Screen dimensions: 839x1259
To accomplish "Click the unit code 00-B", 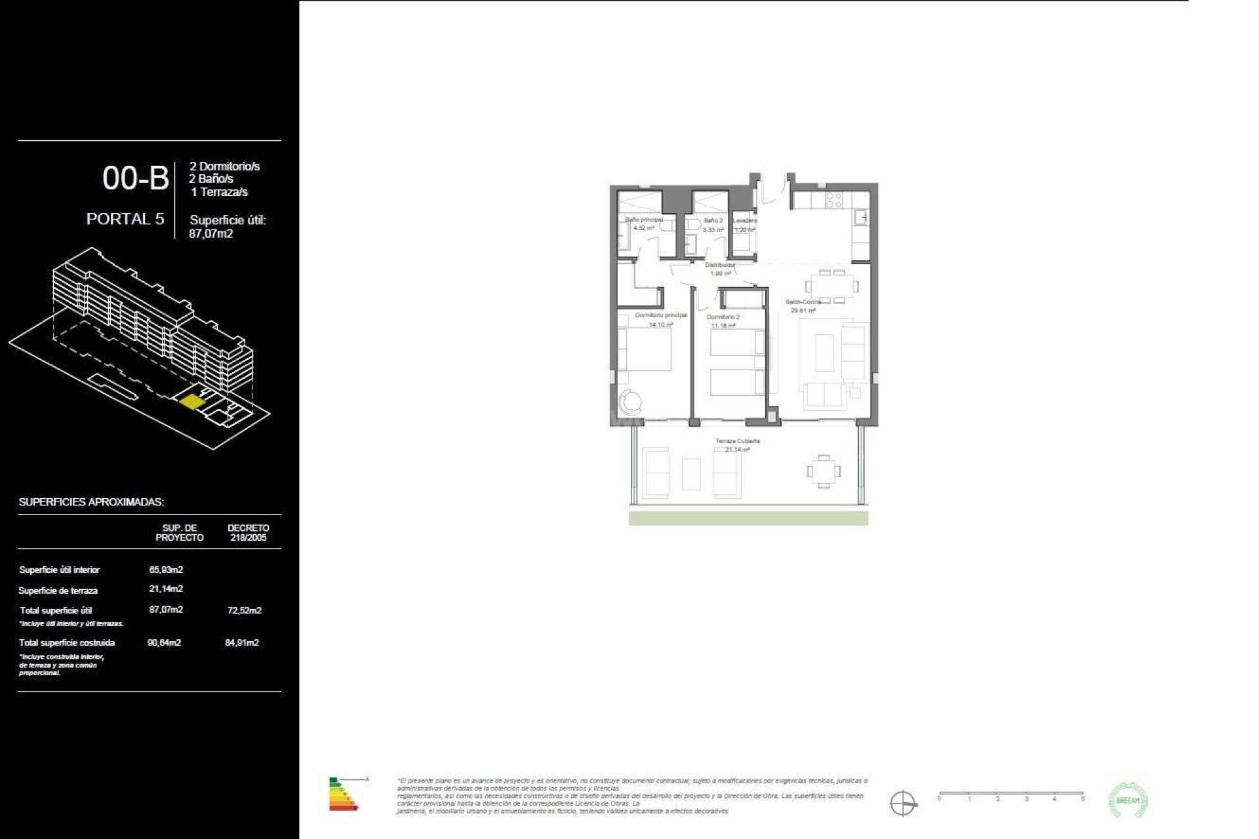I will click(136, 178).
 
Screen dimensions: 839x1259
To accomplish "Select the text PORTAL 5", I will click(125, 219).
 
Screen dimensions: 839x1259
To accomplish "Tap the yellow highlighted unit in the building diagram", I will click(191, 401).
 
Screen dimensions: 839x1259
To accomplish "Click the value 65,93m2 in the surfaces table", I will click(166, 570).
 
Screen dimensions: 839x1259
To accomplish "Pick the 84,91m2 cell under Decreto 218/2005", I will click(242, 643).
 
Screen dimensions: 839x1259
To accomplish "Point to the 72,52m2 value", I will click(243, 610).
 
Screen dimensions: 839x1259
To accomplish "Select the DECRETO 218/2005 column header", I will click(248, 532).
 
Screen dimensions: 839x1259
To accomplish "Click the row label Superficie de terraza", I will click(58, 591).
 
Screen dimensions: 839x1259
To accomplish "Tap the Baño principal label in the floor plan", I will click(643, 220).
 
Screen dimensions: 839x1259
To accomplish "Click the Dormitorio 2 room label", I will click(723, 317).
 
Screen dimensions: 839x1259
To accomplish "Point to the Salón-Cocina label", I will click(803, 302).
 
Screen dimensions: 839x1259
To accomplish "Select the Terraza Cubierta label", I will click(738, 441).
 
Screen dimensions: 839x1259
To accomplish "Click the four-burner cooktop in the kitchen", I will click(833, 200).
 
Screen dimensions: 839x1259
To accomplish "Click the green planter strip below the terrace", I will click(748, 518).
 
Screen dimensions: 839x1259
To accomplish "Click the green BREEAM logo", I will click(1128, 800).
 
